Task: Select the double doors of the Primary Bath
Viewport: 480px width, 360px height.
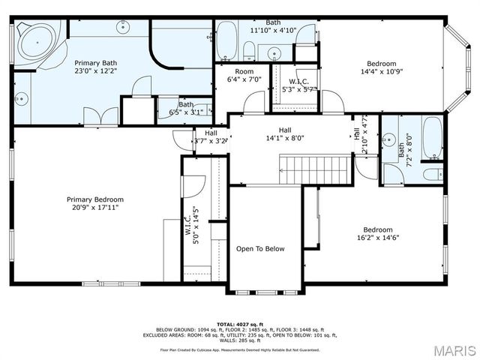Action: point(100,116)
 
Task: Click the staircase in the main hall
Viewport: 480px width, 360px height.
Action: point(315,169)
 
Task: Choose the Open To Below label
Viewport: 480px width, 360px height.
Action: point(260,249)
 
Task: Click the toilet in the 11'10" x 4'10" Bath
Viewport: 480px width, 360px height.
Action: point(249,50)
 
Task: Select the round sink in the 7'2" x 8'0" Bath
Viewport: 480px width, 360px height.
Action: point(389,140)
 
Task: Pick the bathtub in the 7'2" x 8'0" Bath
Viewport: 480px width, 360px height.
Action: point(432,138)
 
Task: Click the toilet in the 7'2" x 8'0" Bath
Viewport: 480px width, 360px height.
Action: point(433,174)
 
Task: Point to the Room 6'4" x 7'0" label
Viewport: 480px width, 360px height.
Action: point(244,75)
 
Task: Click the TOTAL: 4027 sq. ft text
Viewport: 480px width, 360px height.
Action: point(240,323)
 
